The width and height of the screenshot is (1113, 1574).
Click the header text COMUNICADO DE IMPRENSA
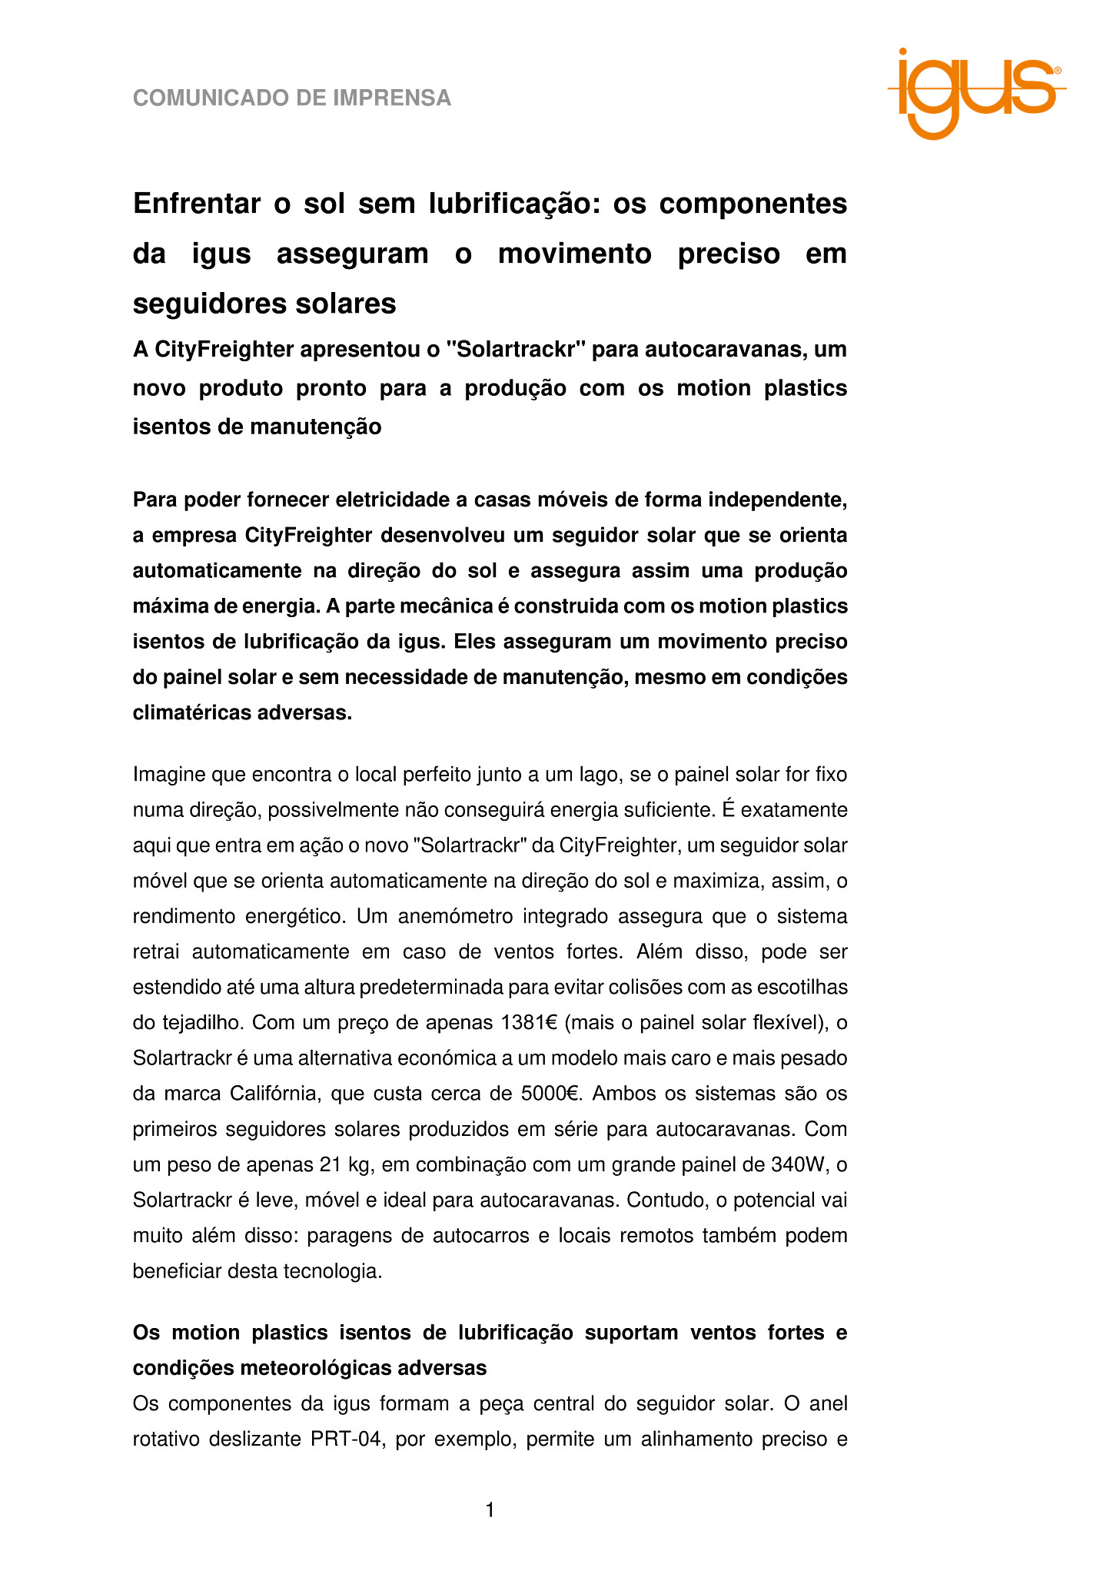tap(292, 98)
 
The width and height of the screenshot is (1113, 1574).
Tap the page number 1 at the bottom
tap(490, 1510)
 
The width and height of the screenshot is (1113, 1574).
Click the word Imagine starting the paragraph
tap(169, 774)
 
